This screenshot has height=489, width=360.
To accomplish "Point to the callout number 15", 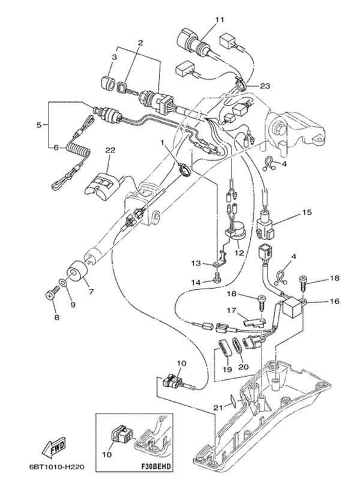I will (307, 212).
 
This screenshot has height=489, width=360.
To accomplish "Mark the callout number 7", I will (91, 292).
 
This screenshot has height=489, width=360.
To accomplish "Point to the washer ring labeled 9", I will (62, 282).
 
